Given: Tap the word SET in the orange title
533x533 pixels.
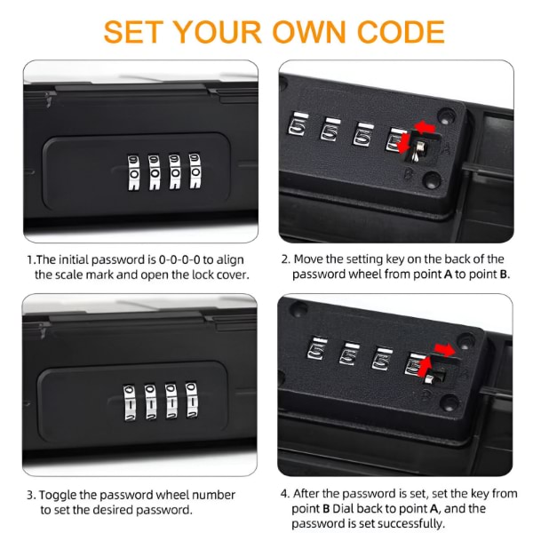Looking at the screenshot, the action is [x=131, y=32].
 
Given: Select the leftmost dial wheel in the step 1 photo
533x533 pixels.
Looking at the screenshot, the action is [x=133, y=172].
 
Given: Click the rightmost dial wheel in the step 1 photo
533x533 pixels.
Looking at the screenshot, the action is [x=195, y=171].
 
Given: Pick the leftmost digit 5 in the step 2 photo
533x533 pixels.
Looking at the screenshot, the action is [x=297, y=126].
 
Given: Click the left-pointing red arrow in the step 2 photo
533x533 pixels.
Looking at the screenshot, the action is [x=425, y=127].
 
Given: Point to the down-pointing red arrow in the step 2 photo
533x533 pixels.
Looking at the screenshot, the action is [x=403, y=143].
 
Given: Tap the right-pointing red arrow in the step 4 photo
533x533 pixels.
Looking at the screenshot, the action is [x=444, y=350].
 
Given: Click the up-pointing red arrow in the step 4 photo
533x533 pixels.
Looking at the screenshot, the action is [x=426, y=366].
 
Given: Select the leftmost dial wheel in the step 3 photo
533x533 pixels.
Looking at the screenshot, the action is [x=129, y=402].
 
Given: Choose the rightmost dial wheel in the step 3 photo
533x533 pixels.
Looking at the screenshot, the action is [x=192, y=400].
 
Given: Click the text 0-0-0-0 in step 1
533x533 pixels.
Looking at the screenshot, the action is [x=179, y=259].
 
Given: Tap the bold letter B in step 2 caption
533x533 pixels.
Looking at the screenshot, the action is [x=504, y=274].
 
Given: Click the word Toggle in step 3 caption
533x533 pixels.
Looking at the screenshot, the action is [x=58, y=496].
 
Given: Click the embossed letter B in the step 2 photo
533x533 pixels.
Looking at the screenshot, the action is [x=408, y=175].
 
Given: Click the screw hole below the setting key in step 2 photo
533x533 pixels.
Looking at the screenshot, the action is [x=432, y=179].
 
